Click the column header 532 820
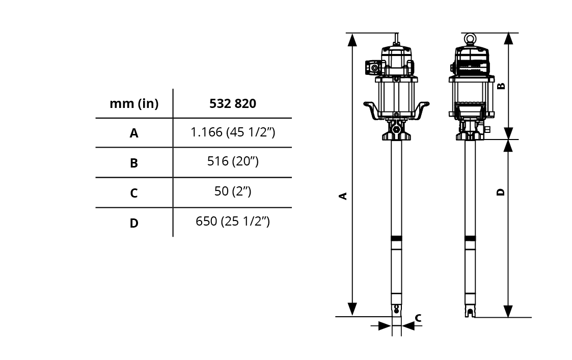(232, 103)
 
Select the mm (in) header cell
(134, 104)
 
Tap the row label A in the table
(134, 133)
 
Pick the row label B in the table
(134, 163)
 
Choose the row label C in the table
(134, 193)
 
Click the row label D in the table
(134, 223)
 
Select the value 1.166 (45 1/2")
(233, 132)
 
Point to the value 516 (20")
(233, 161)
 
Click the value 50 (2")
(233, 191)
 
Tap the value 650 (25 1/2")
(233, 221)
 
